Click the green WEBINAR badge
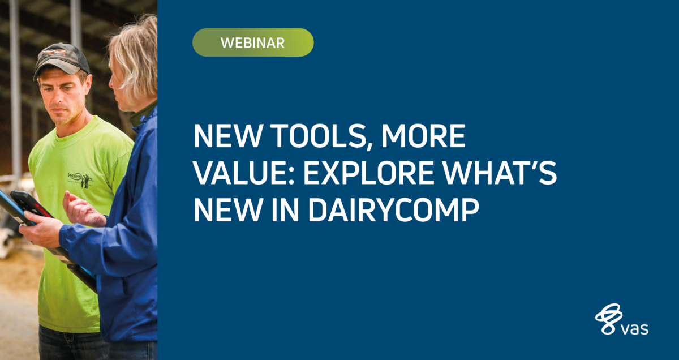[253, 42]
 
